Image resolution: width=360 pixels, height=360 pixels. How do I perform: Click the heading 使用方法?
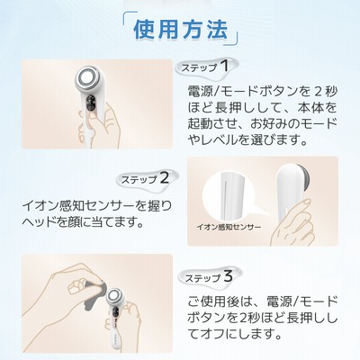tap(180, 30)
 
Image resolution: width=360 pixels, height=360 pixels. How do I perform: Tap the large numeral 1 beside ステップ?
tap(224, 66)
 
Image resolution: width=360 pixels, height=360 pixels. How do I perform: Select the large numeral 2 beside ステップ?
tap(165, 178)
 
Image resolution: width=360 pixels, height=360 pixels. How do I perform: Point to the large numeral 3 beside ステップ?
tap(228, 276)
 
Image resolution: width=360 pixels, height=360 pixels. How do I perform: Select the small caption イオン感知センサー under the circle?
tap(229, 227)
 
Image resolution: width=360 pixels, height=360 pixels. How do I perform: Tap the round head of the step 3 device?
tap(114, 296)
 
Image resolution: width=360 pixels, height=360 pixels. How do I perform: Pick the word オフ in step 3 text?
tap(211, 333)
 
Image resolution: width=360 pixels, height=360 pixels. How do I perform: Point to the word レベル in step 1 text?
tap(220, 139)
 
